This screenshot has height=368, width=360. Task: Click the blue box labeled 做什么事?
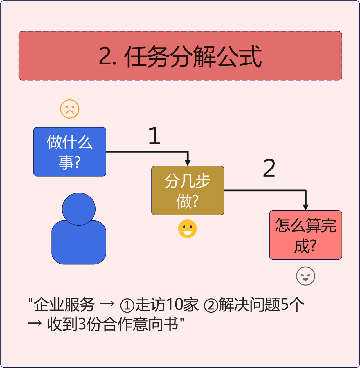point(70,152)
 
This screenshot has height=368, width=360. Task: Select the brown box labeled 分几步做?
point(188,191)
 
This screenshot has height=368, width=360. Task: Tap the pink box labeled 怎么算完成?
point(305,235)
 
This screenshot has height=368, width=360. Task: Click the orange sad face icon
point(70,109)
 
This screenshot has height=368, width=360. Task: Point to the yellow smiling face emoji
point(188,229)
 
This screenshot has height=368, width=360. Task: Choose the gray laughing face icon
point(305,276)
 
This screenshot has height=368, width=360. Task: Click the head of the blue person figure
point(79,209)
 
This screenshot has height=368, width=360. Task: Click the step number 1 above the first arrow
point(154,136)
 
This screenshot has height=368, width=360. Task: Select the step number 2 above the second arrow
point(269,168)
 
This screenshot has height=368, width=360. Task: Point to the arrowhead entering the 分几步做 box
point(188,163)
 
